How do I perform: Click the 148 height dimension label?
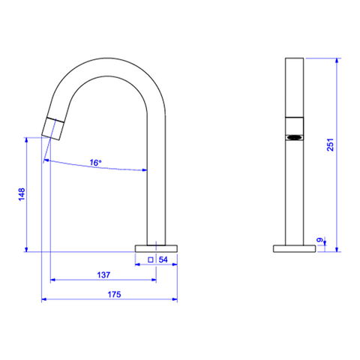pos(22,194)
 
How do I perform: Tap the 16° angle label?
pos(95,163)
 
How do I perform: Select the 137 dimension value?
pos(103,275)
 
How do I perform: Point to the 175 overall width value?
pos(114,295)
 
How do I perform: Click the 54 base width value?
pos(163,259)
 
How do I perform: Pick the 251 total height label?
pos(330,145)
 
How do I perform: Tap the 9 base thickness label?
pos(319,240)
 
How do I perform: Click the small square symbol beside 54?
pos(151,260)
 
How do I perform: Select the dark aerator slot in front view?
pos(295,137)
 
